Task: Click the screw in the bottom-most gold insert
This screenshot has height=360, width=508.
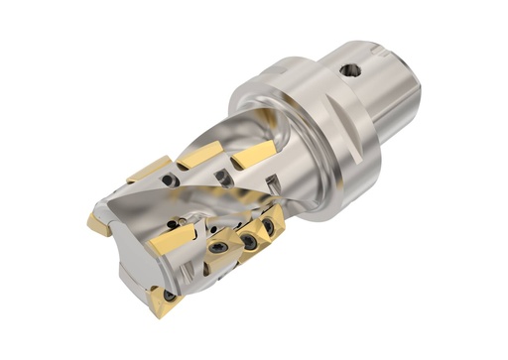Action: [170, 295]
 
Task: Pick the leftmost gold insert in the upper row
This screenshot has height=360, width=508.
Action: [150, 171]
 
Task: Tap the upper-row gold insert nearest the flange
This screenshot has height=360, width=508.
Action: [253, 154]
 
